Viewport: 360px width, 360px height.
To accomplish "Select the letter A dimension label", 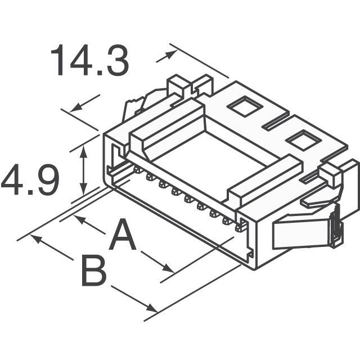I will [123, 236].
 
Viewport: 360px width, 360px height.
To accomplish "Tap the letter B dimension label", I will [93, 271].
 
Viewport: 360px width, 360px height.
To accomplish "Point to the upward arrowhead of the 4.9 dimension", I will [84, 147].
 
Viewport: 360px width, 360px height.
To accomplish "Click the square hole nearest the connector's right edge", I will [301, 138].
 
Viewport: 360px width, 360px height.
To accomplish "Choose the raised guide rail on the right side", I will [264, 179].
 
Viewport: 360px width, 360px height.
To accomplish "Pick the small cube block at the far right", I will [330, 176].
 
